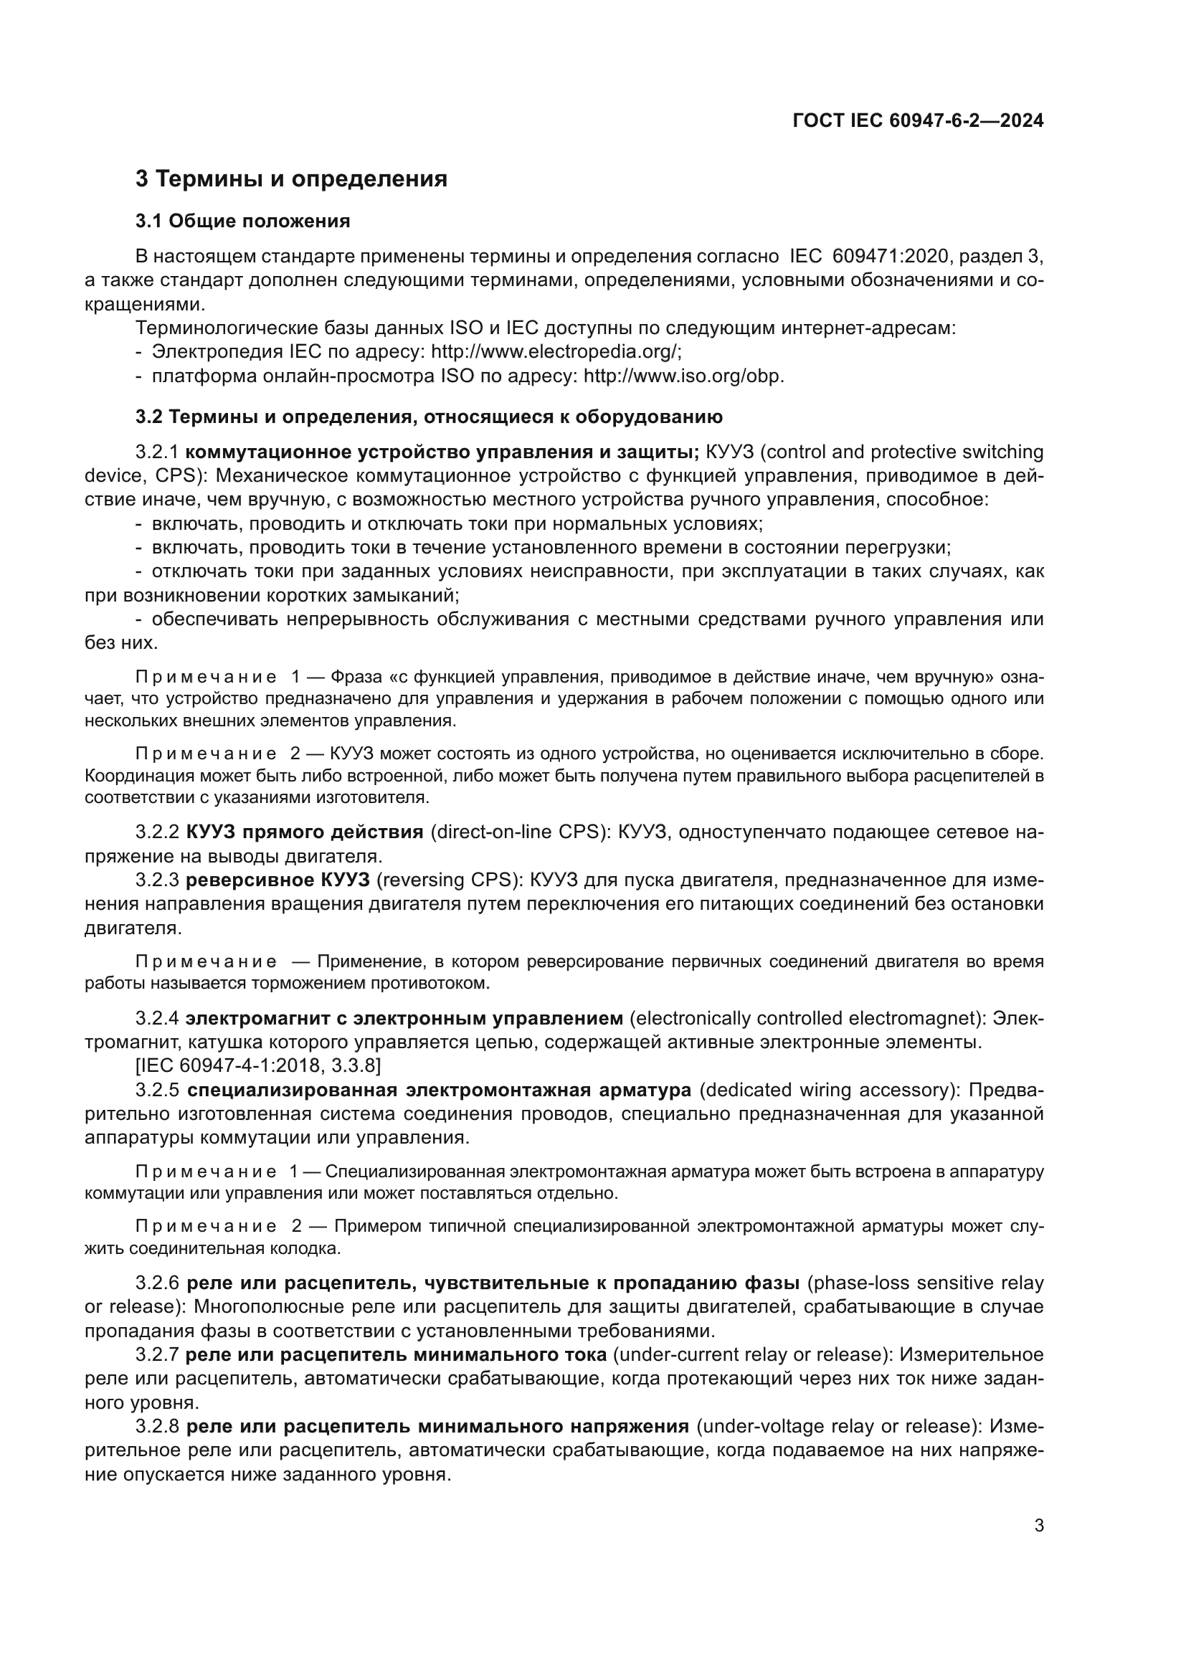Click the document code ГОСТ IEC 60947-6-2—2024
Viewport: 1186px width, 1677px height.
pyautogui.click(x=918, y=120)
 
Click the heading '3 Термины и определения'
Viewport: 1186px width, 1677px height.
pyautogui.click(x=291, y=179)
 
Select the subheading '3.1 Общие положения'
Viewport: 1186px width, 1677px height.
pyautogui.click(x=242, y=222)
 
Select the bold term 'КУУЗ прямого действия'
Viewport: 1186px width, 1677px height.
pyautogui.click(x=305, y=832)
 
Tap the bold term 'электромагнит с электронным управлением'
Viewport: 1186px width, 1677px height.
pyautogui.click(x=404, y=1018)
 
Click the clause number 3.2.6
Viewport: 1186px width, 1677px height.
pyautogui.click(x=157, y=1283)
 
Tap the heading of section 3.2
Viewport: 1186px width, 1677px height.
pyautogui.click(x=429, y=417)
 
